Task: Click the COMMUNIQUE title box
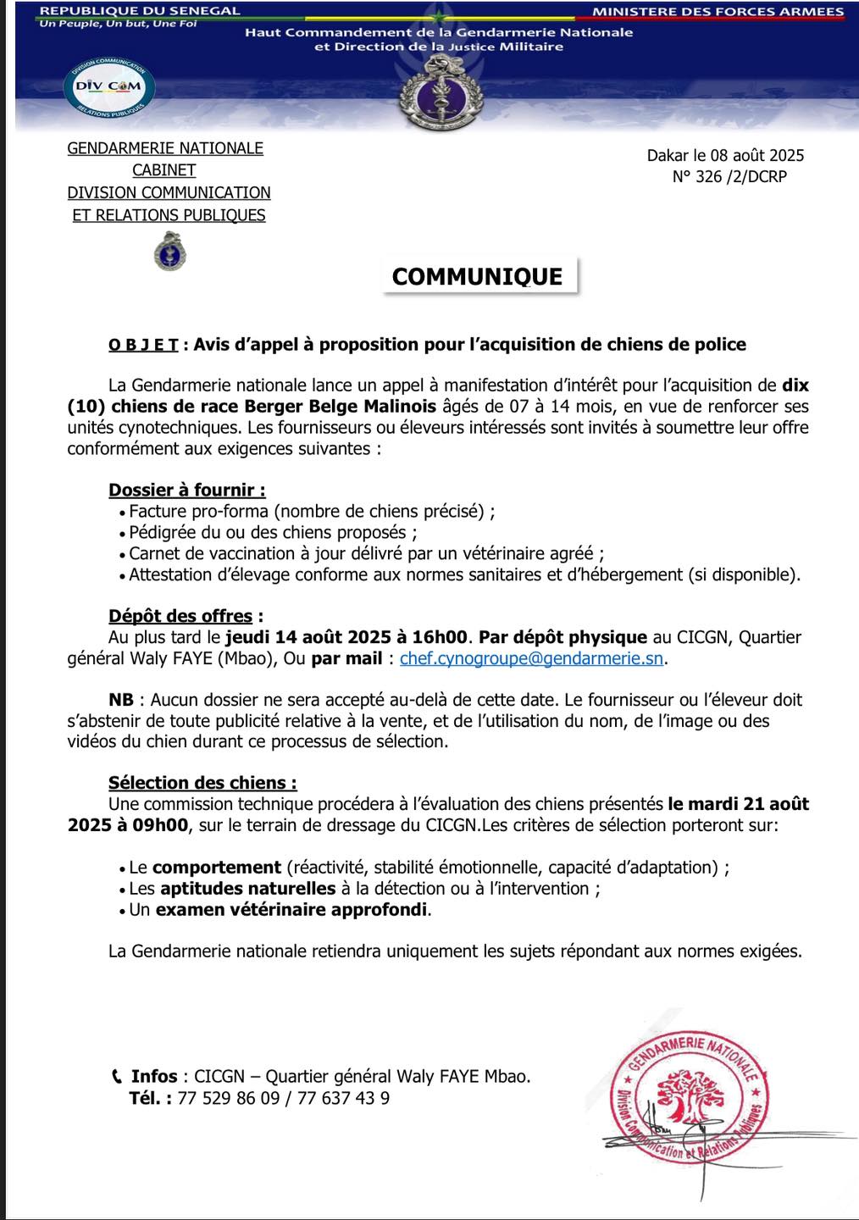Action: tap(478, 276)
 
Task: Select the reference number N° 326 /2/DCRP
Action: tap(729, 177)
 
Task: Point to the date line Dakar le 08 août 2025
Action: tap(725, 155)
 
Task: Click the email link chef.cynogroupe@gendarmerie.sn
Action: tap(531, 657)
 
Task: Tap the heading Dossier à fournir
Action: tap(186, 490)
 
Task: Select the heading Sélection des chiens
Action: tap(202, 783)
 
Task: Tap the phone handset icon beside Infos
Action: tap(117, 1077)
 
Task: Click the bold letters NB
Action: tap(121, 700)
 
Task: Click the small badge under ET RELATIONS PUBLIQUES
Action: tap(169, 252)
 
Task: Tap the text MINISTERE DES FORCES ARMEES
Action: tap(718, 12)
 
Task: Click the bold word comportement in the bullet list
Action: tap(217, 868)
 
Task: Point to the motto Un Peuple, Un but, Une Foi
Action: tap(118, 24)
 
